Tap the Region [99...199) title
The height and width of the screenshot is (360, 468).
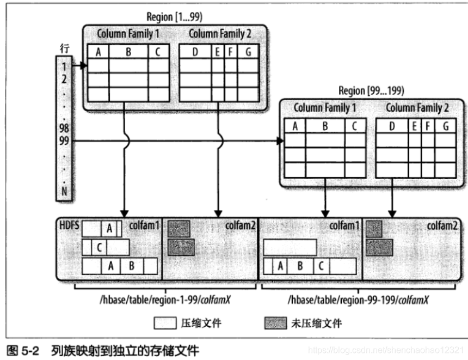[371, 90]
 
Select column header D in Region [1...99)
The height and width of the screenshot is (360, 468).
[195, 52]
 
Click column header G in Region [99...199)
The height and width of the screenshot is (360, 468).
[446, 126]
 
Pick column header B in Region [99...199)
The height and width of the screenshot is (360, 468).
[324, 126]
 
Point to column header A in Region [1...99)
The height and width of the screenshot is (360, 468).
[98, 52]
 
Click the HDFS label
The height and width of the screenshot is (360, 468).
[69, 224]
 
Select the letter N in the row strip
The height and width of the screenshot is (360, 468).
[65, 191]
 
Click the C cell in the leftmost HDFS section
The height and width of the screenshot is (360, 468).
[99, 248]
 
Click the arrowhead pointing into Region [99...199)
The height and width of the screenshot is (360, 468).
[280, 142]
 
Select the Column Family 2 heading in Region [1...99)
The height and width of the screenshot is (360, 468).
[220, 34]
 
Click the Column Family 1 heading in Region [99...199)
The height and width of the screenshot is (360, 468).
[325, 108]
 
